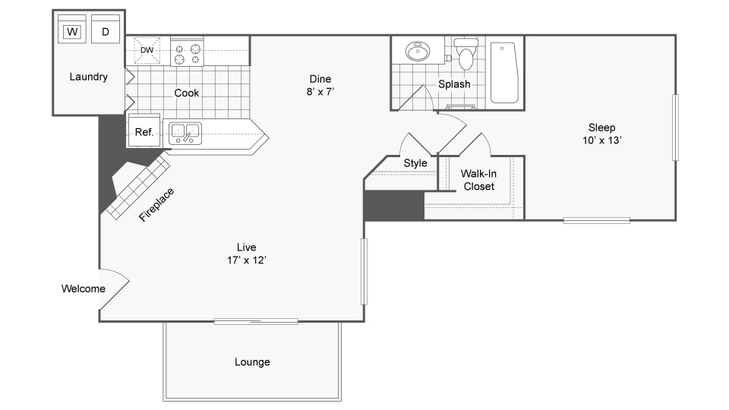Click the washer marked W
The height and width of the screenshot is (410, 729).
coord(72,29)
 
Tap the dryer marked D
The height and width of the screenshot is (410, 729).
coord(106,29)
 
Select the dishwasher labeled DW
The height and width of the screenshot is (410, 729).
coord(147,50)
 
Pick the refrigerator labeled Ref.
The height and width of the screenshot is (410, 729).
coord(144,131)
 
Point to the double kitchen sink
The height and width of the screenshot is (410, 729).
coord(185,134)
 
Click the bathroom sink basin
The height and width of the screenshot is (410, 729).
coord(418,52)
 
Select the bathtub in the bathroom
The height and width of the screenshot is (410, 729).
coord(504,73)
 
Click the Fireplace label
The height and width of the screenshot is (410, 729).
coord(156,204)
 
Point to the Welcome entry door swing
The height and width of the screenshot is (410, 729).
coord(115,289)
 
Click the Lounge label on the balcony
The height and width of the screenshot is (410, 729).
coord(252,362)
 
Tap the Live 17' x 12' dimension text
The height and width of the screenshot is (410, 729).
coord(246,254)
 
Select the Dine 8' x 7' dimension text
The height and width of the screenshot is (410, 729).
coord(320,85)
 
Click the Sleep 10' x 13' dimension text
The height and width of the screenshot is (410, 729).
coord(602,134)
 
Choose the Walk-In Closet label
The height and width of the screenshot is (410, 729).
coord(479,180)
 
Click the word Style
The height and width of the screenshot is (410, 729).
coord(415,163)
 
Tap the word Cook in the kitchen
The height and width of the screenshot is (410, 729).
coord(187,93)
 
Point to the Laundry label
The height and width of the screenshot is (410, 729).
coord(88,77)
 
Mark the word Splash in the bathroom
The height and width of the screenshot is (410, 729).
coord(454,84)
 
